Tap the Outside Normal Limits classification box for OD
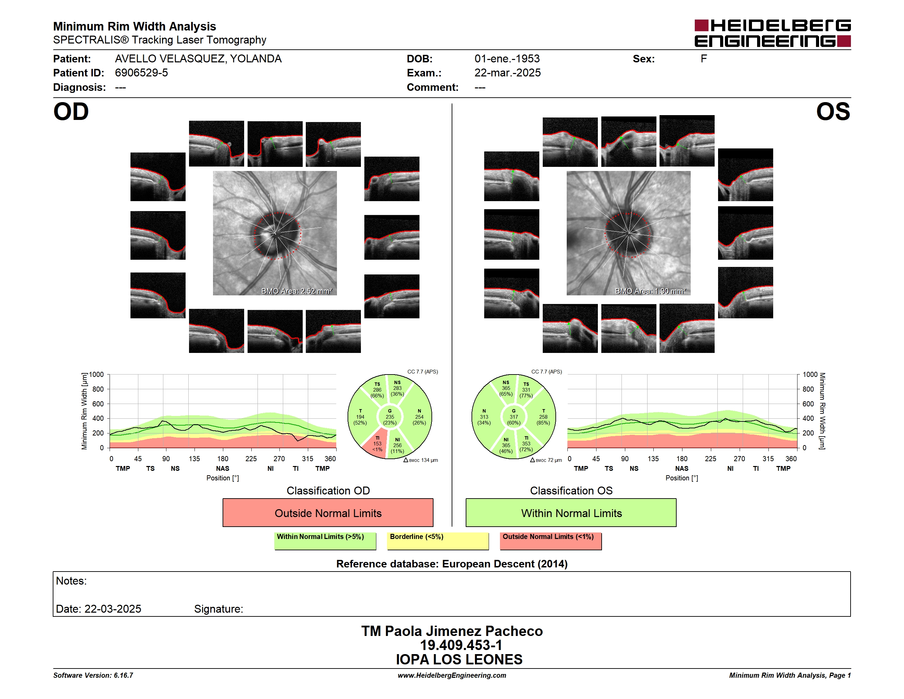point(328,513)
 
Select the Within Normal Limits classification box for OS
point(571,513)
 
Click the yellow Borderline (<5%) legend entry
point(438,541)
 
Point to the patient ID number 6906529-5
point(141,73)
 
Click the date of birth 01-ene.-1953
point(507,59)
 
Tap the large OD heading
point(71,112)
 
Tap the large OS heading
point(833,112)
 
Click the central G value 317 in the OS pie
point(514,417)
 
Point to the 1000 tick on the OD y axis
point(97,375)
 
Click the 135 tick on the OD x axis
point(194,458)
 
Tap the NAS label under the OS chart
point(682,468)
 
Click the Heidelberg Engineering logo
point(773,33)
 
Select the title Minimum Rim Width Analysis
point(135,26)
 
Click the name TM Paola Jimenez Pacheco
point(452,631)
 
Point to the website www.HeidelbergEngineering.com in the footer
point(452,675)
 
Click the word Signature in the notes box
point(218,609)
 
